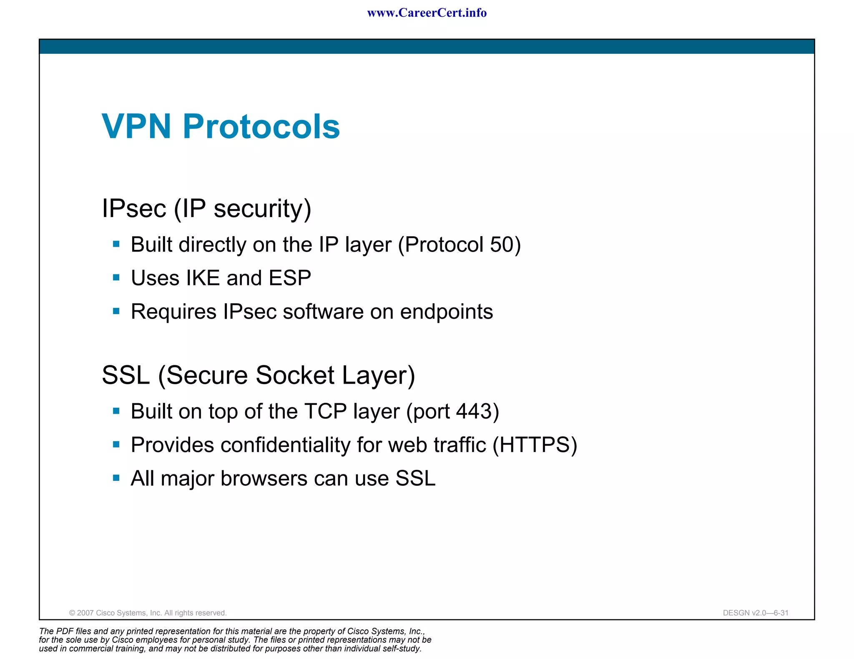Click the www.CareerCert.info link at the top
click(x=427, y=13)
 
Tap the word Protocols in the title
click(x=261, y=126)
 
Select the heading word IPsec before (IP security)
click(x=134, y=208)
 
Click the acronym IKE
click(x=203, y=278)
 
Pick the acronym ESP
click(x=290, y=278)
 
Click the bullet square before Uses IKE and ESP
click(x=116, y=277)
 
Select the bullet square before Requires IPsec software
click(x=116, y=311)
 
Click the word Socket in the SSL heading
click(x=295, y=375)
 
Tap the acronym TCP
click(x=325, y=412)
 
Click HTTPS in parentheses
click(x=535, y=445)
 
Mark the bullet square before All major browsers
click(x=116, y=478)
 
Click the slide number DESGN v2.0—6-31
click(x=755, y=613)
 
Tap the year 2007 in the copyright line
click(x=85, y=613)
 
